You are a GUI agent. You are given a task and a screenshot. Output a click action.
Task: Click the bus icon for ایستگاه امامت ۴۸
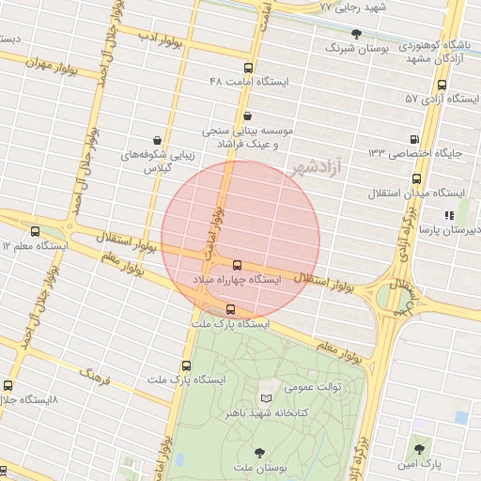(x=248, y=68)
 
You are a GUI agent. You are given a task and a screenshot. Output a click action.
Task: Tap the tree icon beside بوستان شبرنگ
(x=355, y=33)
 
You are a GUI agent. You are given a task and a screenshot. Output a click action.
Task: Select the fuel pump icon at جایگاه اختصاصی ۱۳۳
(x=416, y=138)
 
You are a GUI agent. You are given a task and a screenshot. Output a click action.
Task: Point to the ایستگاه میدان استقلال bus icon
(x=416, y=178)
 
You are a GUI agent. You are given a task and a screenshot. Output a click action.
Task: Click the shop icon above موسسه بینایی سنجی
(x=247, y=116)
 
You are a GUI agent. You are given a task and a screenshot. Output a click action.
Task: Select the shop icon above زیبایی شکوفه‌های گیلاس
(x=156, y=139)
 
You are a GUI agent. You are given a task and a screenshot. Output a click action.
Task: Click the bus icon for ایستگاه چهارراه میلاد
(x=237, y=266)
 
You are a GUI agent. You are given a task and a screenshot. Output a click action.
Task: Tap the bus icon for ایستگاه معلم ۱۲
(x=36, y=231)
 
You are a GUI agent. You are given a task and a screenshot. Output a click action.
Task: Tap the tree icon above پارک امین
(x=420, y=448)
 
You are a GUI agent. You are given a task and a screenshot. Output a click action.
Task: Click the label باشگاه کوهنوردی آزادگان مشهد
(x=433, y=52)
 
